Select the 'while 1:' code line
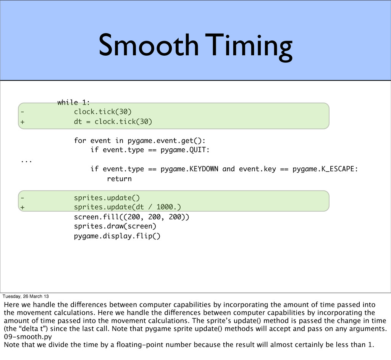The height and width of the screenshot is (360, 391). tap(74, 102)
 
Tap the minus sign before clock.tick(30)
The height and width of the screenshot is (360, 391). tap(23, 112)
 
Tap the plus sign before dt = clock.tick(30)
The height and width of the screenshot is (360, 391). tap(23, 122)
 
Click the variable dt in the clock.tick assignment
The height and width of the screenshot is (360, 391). tap(78, 122)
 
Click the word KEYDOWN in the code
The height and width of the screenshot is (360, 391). tap(204, 169)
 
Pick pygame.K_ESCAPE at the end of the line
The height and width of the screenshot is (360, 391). tap(325, 169)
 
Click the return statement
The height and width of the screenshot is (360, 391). tap(119, 178)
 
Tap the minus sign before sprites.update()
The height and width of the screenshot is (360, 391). tap(23, 198)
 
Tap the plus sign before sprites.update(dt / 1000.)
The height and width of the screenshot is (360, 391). tap(23, 207)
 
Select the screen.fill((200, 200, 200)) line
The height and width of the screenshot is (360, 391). tap(132, 217)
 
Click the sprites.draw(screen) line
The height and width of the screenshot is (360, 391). tap(115, 227)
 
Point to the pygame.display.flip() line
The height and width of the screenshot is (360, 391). tap(117, 236)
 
